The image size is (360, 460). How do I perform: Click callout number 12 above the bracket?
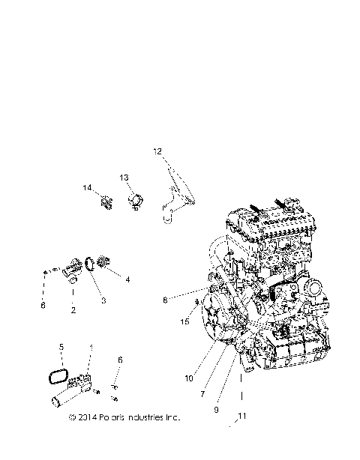[157, 152]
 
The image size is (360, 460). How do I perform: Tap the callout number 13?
[124, 178]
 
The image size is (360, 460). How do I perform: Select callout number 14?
[87, 187]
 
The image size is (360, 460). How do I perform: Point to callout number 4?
[127, 279]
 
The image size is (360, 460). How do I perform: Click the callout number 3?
[104, 300]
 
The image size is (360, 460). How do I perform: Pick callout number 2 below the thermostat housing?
[72, 309]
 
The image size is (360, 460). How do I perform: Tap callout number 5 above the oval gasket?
[61, 348]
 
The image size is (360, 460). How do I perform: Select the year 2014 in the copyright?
[86, 417]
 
